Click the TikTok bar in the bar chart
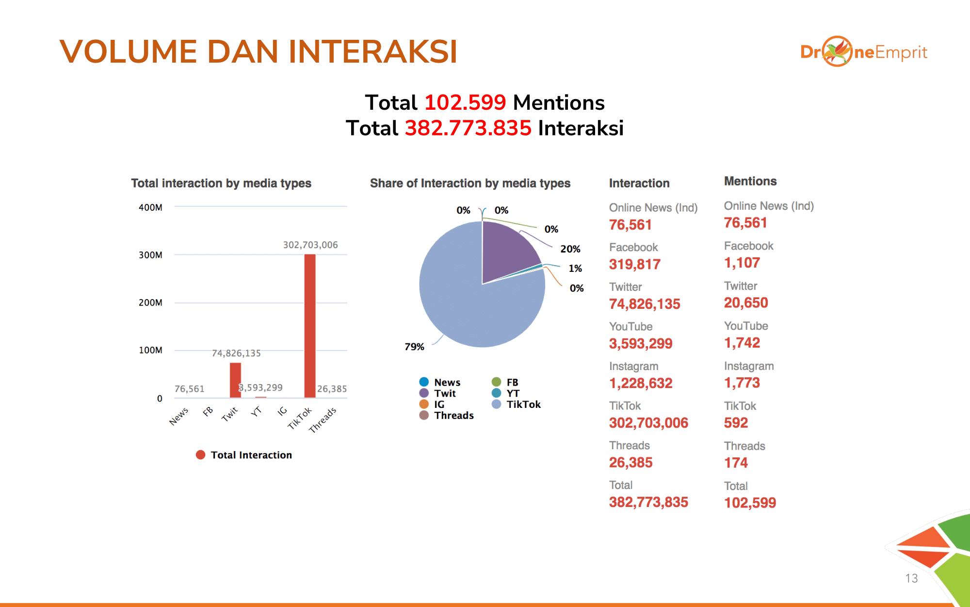tap(310, 325)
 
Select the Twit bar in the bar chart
tap(235, 380)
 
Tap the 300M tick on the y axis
tap(150, 255)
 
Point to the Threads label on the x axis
tap(323, 420)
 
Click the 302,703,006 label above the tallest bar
tap(310, 245)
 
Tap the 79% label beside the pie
tap(414, 347)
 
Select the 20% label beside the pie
tap(570, 249)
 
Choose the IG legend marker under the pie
tap(424, 404)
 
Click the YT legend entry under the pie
tap(513, 393)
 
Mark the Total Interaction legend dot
tap(200, 455)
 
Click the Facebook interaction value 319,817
tap(635, 265)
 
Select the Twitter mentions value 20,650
tap(746, 303)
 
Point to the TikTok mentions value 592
tap(736, 423)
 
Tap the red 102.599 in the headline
tap(465, 103)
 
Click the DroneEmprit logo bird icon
tap(838, 51)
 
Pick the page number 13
tap(911, 578)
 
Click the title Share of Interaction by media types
tap(470, 183)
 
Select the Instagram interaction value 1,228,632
tap(641, 384)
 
